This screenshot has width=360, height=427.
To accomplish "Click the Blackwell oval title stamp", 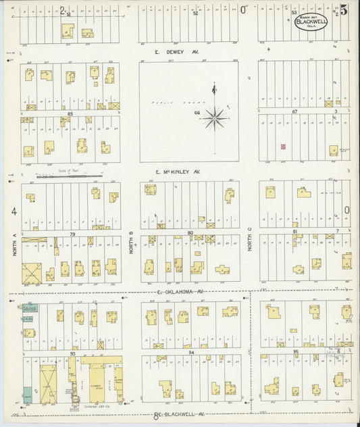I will tap(311, 22).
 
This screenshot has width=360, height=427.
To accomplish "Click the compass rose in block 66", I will tap(215, 118).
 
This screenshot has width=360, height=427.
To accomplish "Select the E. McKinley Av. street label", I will tap(177, 172).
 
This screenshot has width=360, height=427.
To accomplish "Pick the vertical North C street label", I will tap(249, 238).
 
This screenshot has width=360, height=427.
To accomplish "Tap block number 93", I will tap(72, 353).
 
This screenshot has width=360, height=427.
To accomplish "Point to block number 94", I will tap(192, 352).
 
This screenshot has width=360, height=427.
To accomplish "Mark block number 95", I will tap(295, 351).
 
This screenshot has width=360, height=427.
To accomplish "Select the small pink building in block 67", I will tap(283, 146).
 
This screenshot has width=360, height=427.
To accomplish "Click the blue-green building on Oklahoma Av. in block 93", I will tap(30, 307).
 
